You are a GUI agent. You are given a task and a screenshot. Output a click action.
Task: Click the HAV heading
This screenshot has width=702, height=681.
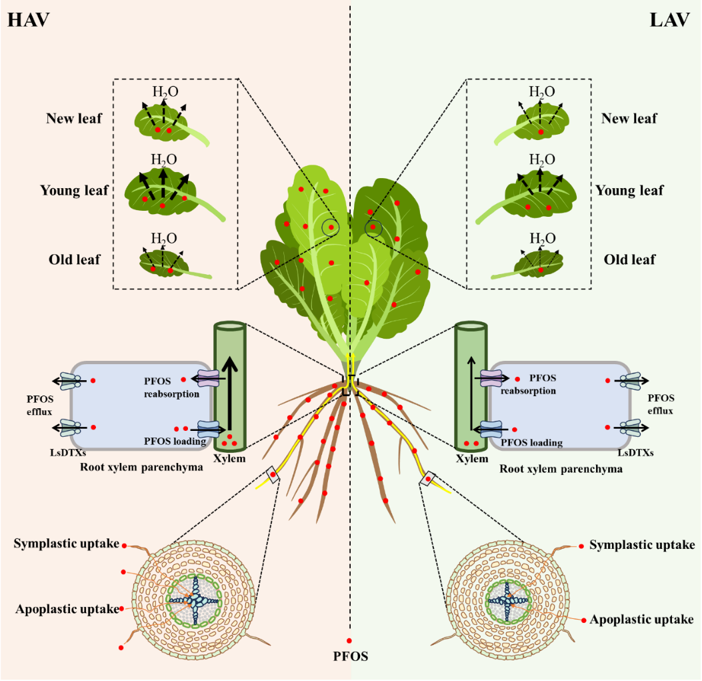(29, 19)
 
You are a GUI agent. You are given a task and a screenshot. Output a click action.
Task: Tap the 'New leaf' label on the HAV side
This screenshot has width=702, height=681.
(74, 119)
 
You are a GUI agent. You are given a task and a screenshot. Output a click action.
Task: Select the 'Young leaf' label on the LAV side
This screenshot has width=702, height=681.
(629, 191)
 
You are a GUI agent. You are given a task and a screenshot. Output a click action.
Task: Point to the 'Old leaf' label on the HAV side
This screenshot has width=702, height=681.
(75, 259)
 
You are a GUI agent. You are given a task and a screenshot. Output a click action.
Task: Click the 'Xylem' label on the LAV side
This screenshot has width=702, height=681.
(471, 459)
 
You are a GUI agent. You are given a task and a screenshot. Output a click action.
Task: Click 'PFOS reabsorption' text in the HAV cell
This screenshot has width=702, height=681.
(172, 387)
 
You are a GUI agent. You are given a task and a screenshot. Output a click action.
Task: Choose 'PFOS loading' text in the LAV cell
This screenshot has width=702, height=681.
(531, 442)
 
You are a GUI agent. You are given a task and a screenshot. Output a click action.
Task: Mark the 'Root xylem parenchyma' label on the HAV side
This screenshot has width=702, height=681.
(141, 468)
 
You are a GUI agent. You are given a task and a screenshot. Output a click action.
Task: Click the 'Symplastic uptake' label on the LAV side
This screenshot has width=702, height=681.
(641, 546)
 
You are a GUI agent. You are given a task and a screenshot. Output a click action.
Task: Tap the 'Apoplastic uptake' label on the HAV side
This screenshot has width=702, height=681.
(67, 608)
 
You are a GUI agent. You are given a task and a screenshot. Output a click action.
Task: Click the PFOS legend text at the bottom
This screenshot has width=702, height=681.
(350, 656)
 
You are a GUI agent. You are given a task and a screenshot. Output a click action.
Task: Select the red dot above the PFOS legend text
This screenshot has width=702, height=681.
(349, 641)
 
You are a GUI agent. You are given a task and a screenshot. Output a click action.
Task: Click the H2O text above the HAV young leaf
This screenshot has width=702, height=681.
(164, 159)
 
